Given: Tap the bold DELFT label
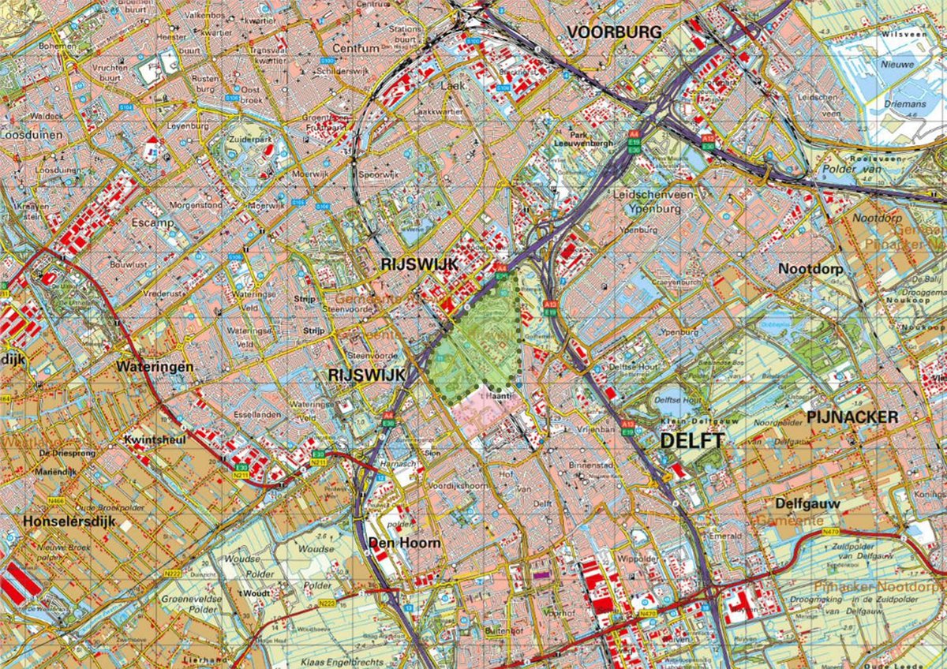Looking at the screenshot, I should (x=691, y=440).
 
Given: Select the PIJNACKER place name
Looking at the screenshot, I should (x=852, y=417).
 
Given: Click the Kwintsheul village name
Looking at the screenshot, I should (x=153, y=439).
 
